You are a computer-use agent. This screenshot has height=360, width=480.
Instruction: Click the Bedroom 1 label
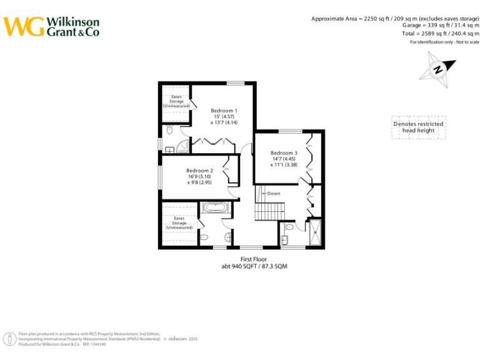click(x=224, y=111)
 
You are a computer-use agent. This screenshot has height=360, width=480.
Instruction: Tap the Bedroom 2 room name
click(x=199, y=171)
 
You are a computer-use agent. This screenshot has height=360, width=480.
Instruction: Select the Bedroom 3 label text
click(x=284, y=153)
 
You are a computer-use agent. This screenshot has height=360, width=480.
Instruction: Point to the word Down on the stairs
click(x=274, y=194)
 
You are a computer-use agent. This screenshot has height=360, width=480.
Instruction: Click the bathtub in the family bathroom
click(x=216, y=207)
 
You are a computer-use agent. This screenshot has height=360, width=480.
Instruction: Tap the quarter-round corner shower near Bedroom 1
click(x=182, y=147)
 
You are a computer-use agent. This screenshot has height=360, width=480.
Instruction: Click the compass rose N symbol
click(x=438, y=70)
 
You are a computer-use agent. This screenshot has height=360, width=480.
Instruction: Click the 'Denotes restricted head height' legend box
click(x=418, y=127)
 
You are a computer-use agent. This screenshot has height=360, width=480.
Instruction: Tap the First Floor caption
click(x=254, y=259)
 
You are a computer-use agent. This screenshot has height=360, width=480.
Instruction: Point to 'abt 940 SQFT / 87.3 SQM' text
click(x=254, y=266)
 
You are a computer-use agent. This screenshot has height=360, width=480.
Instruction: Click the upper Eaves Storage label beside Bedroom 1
click(x=176, y=101)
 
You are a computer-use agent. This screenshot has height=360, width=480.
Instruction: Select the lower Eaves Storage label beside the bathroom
click(x=179, y=223)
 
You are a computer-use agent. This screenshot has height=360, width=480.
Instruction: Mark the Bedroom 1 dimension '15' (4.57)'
click(x=224, y=117)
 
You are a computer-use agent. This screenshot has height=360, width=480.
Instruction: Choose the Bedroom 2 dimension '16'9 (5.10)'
click(x=200, y=177)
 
